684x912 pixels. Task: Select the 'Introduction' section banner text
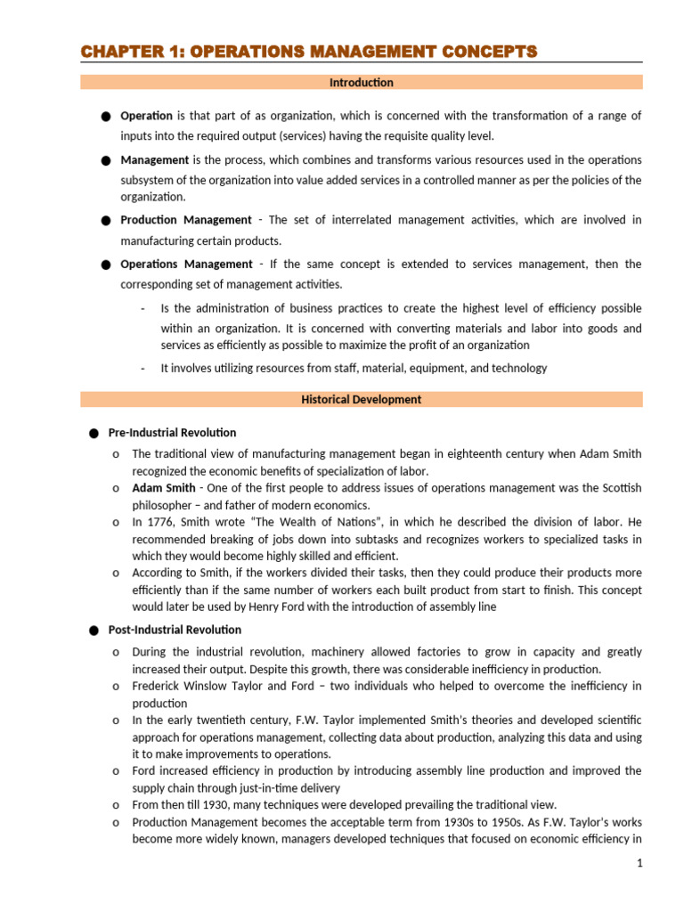pos(362,83)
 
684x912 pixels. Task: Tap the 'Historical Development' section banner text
pos(362,400)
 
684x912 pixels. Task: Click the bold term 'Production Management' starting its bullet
pos(186,220)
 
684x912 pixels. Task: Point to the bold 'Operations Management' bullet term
pos(186,265)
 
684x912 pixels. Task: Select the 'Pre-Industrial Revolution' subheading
pos(172,433)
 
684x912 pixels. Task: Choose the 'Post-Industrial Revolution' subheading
pos(175,631)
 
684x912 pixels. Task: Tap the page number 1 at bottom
pos(639,864)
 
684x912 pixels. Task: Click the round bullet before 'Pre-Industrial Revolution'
pos(94,434)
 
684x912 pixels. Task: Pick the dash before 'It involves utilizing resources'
pos(142,369)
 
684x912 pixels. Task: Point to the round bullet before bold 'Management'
pos(106,160)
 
